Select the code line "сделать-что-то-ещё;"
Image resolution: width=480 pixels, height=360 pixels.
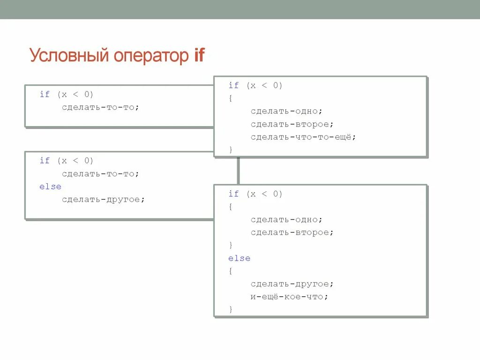pyautogui.click(x=303, y=137)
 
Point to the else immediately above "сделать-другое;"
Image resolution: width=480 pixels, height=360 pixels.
pyautogui.click(x=50, y=187)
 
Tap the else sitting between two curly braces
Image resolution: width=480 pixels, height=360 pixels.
pyautogui.click(x=239, y=258)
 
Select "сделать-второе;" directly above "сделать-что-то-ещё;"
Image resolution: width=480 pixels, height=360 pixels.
pyautogui.click(x=292, y=124)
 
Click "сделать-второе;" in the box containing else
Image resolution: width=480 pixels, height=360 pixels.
pyautogui.click(x=292, y=232)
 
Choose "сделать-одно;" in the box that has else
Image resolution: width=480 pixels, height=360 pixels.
pyautogui.click(x=286, y=219)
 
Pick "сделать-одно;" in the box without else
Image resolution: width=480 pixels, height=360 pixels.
pyautogui.click(x=286, y=111)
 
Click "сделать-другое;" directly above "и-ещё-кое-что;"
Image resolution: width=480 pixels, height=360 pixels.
pyautogui.click(x=292, y=284)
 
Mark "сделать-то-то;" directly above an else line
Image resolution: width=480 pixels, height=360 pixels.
pyautogui.click(x=100, y=174)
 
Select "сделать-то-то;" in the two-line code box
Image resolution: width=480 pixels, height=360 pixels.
pyautogui.click(x=100, y=107)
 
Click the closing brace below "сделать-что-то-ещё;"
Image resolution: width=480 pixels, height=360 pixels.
pyautogui.click(x=231, y=150)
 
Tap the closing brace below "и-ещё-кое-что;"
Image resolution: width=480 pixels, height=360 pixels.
pyautogui.click(x=231, y=309)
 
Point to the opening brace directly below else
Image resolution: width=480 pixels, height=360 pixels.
pyautogui.click(x=231, y=271)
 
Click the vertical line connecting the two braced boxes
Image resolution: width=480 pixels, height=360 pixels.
pyautogui.click(x=238, y=171)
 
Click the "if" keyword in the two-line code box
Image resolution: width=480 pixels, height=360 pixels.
pyautogui.click(x=45, y=94)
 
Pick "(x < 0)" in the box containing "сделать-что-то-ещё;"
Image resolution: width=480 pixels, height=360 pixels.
pyautogui.click(x=264, y=85)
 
